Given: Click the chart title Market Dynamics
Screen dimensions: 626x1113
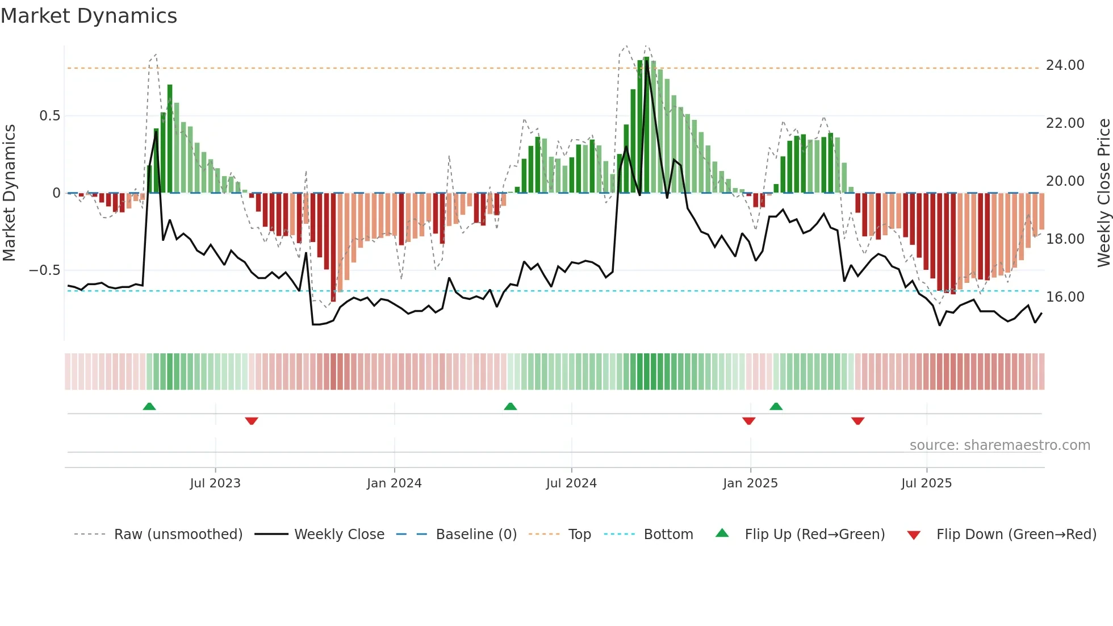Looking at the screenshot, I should point(89,16).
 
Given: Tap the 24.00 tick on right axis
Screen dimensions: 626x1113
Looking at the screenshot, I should point(1065,65).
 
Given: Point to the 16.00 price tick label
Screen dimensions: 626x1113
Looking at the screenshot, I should point(1065,297).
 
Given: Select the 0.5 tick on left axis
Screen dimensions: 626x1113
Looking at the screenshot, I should point(49,116).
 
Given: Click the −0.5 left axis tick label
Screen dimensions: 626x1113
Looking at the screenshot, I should point(45,270).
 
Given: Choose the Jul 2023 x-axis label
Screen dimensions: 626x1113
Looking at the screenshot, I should point(215,483).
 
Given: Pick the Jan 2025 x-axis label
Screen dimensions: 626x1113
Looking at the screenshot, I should point(750,483).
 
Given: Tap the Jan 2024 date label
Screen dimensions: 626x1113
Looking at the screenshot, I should point(394,483).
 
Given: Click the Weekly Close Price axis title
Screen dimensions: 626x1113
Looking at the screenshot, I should point(1103,193).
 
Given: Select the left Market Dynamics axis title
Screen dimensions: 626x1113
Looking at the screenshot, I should point(9,193).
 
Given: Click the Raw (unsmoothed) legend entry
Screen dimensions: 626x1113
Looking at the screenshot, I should point(178,535).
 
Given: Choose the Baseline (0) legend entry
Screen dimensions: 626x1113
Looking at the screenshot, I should point(476,535).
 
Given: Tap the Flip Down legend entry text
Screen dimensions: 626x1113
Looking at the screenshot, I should point(1016,535).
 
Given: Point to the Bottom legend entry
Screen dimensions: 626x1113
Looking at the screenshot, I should point(668,535).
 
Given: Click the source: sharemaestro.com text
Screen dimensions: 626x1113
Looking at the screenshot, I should point(999,445).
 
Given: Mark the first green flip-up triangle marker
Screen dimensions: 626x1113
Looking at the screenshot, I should point(149,407).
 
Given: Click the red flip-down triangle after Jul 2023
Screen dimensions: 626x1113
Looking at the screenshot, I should point(252,421).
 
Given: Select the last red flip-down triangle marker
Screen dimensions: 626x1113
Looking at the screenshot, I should point(857,421).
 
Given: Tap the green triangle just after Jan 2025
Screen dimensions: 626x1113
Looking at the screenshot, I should point(776,407).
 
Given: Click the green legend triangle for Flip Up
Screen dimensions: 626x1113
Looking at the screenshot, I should point(722,533).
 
